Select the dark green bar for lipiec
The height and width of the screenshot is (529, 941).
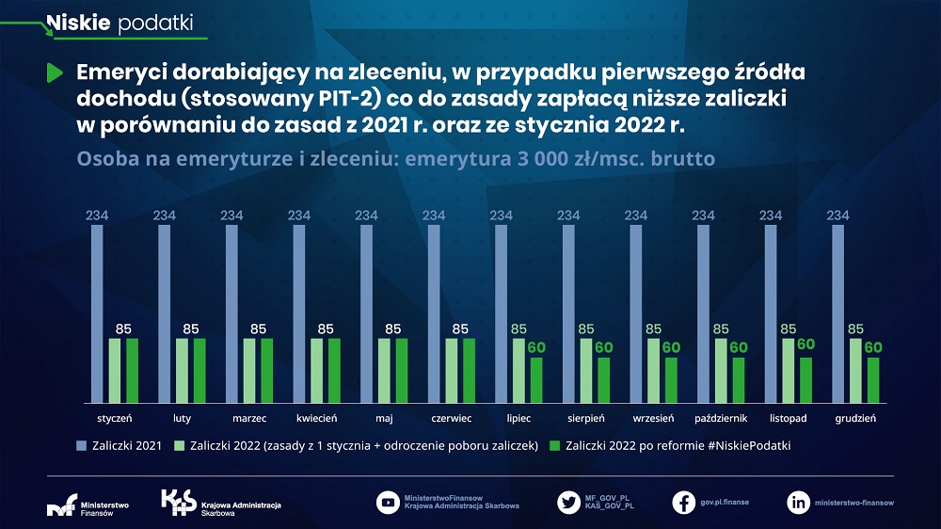[x=536, y=378]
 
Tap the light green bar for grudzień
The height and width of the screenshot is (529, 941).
[x=856, y=369]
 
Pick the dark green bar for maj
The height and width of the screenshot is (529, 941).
[x=402, y=369]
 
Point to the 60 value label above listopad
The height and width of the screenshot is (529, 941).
[x=805, y=345]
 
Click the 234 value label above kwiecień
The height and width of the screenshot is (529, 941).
[x=299, y=216]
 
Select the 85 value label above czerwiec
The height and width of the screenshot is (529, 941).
[x=460, y=329]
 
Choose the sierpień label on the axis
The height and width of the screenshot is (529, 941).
[x=585, y=417]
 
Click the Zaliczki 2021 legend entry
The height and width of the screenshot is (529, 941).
[x=117, y=445]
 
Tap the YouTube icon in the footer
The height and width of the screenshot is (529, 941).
[x=387, y=502]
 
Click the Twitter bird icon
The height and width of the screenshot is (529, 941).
[x=567, y=502]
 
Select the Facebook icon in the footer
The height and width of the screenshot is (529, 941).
[x=684, y=502]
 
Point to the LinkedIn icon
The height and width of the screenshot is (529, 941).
[x=798, y=502]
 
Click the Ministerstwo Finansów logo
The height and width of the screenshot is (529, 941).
[x=88, y=505]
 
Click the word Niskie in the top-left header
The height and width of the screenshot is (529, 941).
[x=79, y=23]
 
